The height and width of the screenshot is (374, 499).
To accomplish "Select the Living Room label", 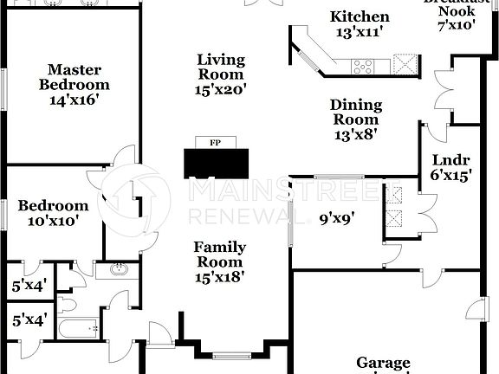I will [221, 68].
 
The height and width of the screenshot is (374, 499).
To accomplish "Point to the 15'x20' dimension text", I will [221, 88].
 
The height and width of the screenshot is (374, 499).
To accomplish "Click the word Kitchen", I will [360, 17].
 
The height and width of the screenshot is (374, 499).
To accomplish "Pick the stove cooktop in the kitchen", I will [363, 64].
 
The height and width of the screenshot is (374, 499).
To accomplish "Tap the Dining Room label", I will [354, 113].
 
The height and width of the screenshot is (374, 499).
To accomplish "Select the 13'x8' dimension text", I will [354, 134].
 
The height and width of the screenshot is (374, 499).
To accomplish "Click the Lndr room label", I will [450, 159].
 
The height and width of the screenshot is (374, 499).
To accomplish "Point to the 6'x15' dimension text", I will [450, 174].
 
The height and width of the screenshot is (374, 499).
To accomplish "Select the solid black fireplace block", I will [216, 162].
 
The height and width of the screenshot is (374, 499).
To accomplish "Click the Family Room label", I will [219, 255].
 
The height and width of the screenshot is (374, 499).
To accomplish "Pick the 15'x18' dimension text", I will [219, 277].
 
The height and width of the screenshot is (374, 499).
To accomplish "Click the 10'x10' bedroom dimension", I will [53, 221].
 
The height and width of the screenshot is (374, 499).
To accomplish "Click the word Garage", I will [383, 363].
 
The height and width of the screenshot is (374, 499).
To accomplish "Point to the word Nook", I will [457, 11].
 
